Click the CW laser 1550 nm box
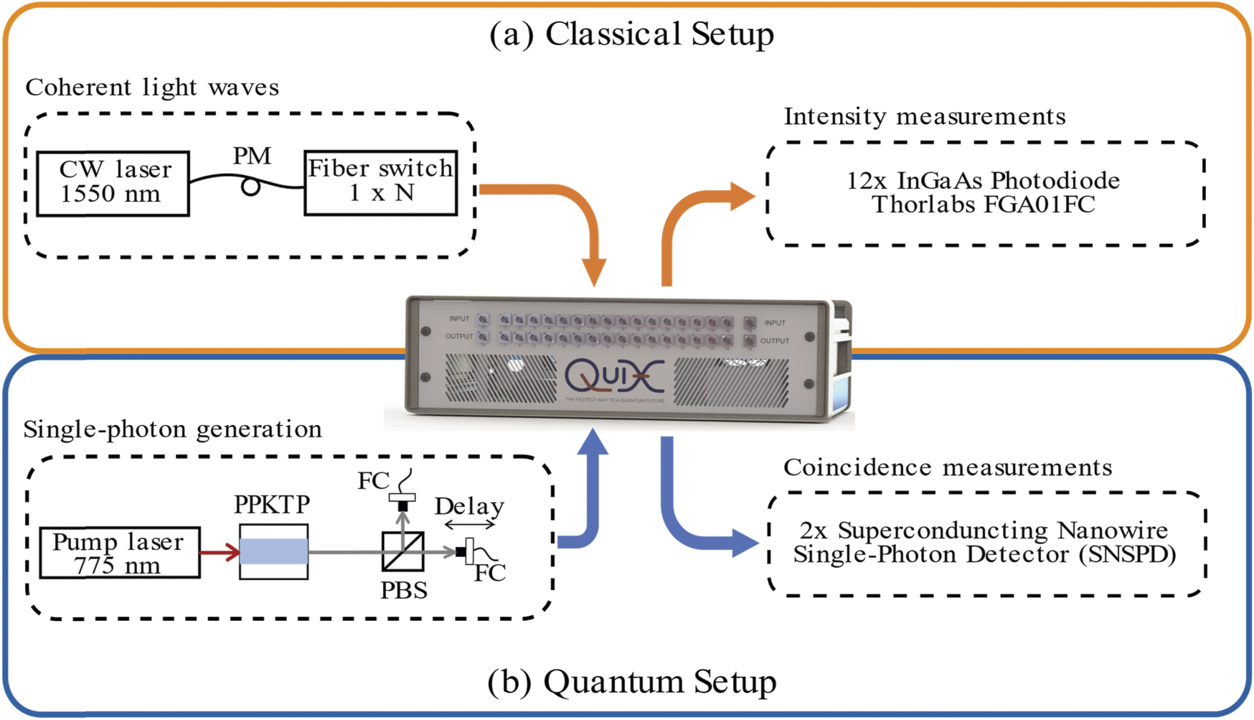[113, 183]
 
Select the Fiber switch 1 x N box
[380, 182]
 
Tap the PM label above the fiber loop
[252, 156]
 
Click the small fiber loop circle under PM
[250, 187]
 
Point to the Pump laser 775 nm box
[119, 553]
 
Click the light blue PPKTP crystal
[273, 551]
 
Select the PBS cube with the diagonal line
[402, 551]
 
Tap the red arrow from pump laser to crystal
[220, 552]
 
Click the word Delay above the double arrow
[469, 506]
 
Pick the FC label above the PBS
[374, 480]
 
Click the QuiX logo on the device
[614, 375]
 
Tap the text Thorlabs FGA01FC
[984, 205]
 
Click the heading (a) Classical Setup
[631, 34]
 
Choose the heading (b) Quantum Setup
[631, 681]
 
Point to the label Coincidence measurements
[948, 467]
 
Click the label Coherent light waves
[152, 88]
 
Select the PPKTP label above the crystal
[272, 505]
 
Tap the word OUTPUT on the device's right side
[774, 341]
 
